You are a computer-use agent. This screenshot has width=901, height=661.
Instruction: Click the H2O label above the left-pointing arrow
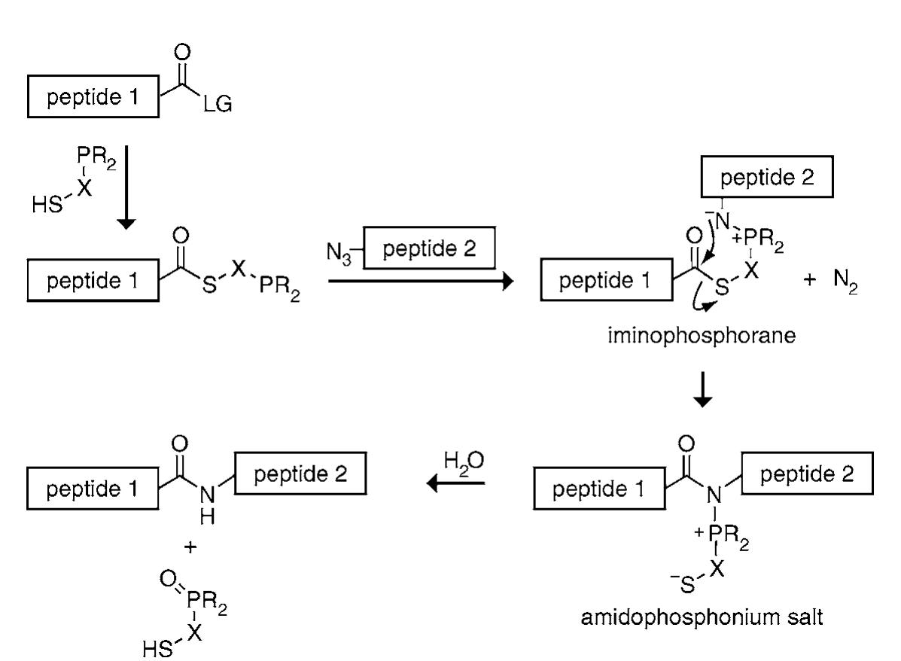pos(460,460)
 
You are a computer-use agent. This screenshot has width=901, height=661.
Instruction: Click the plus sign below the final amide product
pos(191,547)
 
